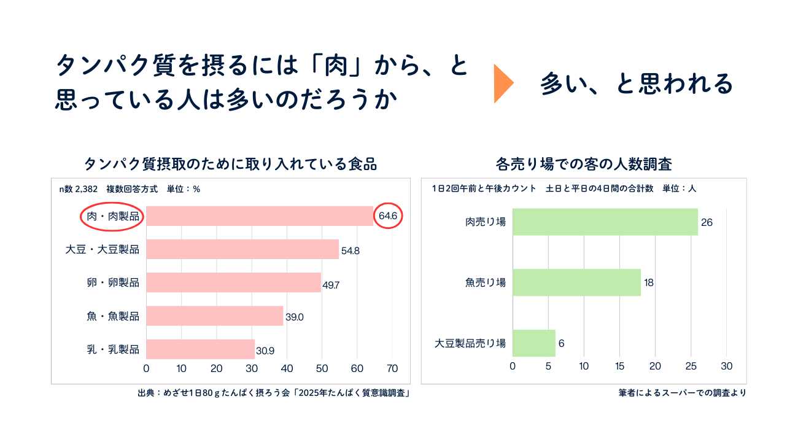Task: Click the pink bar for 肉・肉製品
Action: [x=260, y=216]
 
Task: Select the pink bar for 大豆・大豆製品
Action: [x=242, y=249]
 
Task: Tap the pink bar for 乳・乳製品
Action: [x=200, y=349]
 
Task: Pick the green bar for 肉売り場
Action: [x=605, y=222]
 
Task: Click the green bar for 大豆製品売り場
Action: [x=533, y=343]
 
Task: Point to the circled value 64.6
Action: [x=388, y=216]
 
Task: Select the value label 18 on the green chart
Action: [x=649, y=283]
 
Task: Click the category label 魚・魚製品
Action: [x=113, y=316]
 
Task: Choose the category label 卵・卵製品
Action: [x=113, y=283]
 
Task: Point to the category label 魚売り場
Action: [x=486, y=283]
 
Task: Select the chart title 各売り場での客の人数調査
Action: [x=584, y=165]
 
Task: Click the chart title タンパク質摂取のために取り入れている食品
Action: [x=230, y=165]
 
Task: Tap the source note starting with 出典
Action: [x=273, y=394]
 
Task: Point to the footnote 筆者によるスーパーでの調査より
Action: [x=682, y=393]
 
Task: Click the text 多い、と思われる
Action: [x=637, y=84]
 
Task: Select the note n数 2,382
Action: [x=79, y=189]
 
